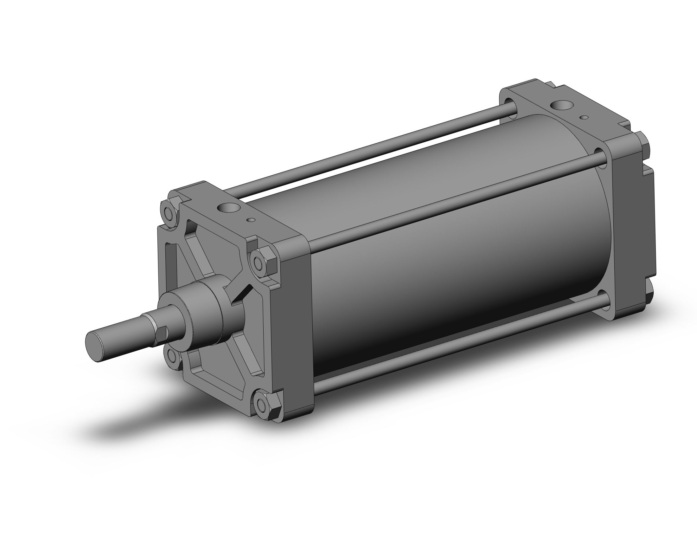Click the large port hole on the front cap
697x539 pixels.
227,209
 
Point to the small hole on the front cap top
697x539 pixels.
252,220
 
